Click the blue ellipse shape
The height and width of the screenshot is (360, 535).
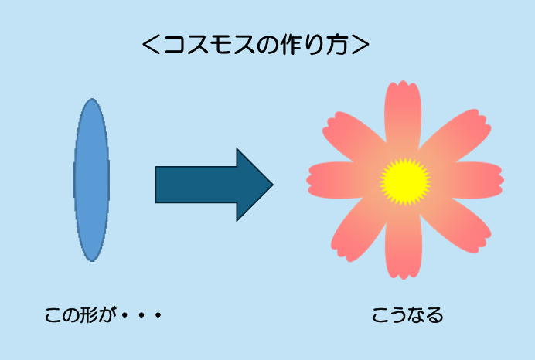click(92, 180)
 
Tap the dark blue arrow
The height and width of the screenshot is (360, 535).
click(214, 185)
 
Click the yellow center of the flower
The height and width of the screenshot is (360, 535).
click(405, 182)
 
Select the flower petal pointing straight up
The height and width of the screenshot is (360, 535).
click(403, 113)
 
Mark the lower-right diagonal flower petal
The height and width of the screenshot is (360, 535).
click(455, 226)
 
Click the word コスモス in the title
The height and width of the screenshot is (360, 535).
click(210, 45)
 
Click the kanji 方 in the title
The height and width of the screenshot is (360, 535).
click(337, 45)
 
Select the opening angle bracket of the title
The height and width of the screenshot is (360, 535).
click(151, 45)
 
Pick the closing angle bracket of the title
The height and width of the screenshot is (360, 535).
click(360, 45)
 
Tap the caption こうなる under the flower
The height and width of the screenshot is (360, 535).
click(407, 315)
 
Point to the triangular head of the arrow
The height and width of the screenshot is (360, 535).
click(254, 185)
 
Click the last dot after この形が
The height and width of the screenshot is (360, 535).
click(158, 315)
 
